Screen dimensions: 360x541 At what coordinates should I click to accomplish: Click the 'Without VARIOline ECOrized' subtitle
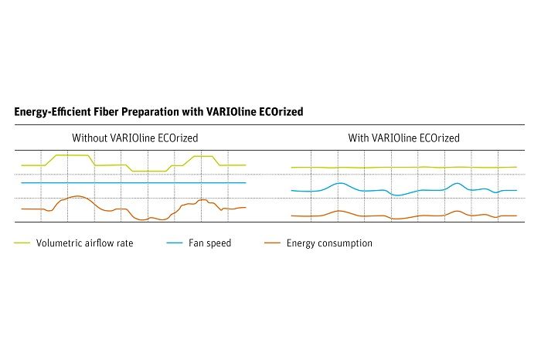click(x=134, y=138)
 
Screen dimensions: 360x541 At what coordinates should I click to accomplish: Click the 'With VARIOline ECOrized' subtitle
click(x=403, y=138)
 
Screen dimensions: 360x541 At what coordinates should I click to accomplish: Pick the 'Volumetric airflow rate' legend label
click(x=84, y=243)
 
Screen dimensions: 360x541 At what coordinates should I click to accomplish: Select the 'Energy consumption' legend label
click(x=329, y=243)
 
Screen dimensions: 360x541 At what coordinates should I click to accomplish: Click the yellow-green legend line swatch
click(x=22, y=243)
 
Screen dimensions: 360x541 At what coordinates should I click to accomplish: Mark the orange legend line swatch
click(x=272, y=243)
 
